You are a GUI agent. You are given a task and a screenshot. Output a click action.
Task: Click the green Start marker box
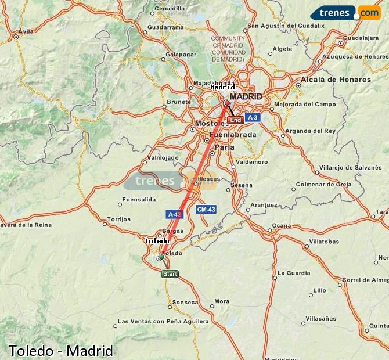(x=170, y=273)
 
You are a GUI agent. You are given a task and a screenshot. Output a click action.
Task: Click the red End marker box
(x=235, y=120)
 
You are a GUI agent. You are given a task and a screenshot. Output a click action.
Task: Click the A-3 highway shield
(x=252, y=117)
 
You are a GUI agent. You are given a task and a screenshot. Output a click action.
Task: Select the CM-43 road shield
(x=206, y=209)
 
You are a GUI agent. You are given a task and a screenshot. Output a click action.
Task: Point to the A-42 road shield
(x=175, y=214)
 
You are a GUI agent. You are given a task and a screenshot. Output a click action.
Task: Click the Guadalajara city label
(x=361, y=37)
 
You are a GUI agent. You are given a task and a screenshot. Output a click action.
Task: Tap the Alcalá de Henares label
(x=336, y=80)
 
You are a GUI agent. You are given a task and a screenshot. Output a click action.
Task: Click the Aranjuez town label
(x=264, y=205)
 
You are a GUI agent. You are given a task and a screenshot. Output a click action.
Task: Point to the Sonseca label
(x=186, y=302)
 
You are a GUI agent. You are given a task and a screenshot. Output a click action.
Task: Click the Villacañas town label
(x=321, y=318)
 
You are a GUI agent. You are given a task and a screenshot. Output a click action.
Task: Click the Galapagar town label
(x=179, y=55)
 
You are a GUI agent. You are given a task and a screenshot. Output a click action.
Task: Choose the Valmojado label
(x=163, y=157)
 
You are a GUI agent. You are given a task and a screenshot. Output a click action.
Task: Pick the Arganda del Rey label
(x=311, y=131)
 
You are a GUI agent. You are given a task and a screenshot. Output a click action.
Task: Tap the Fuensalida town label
(x=139, y=199)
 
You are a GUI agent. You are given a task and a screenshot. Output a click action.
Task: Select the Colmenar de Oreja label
(x=324, y=185)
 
